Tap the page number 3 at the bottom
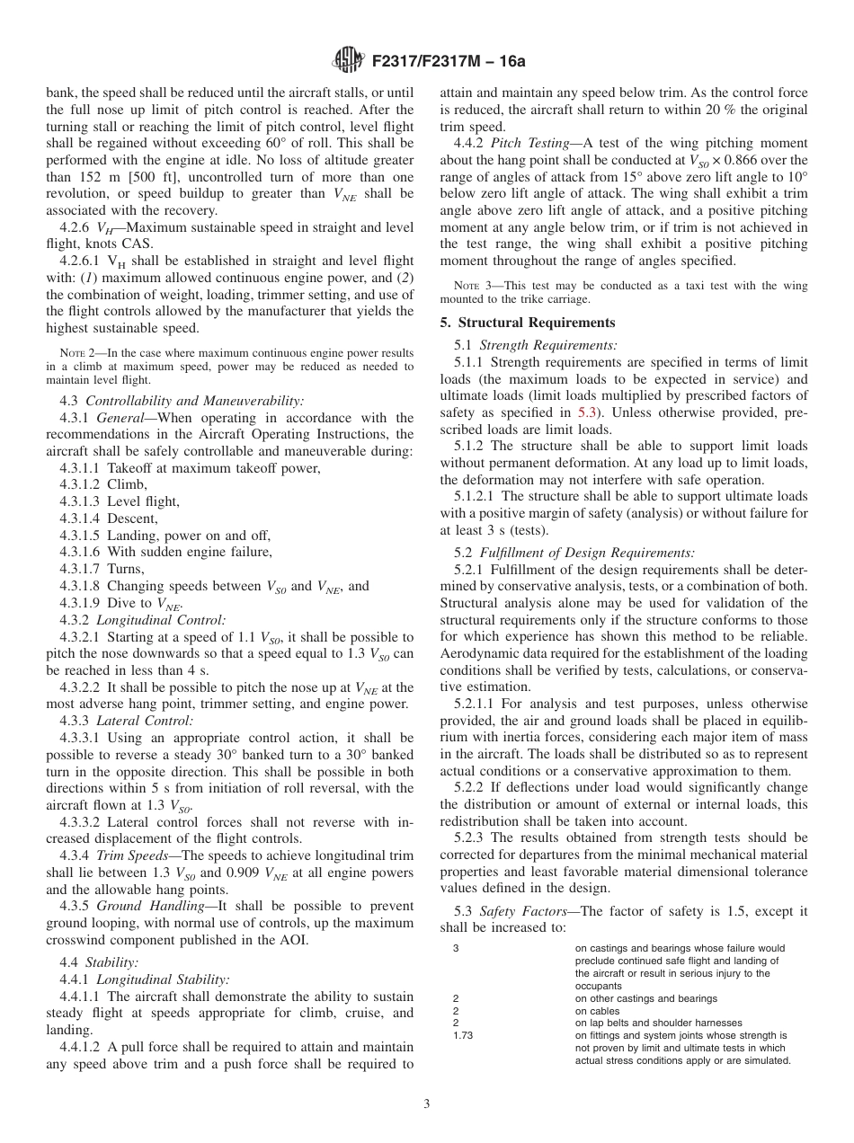click(426, 1105)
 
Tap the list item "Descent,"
click(132, 518)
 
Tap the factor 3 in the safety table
click(457, 948)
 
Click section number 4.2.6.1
click(84, 261)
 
